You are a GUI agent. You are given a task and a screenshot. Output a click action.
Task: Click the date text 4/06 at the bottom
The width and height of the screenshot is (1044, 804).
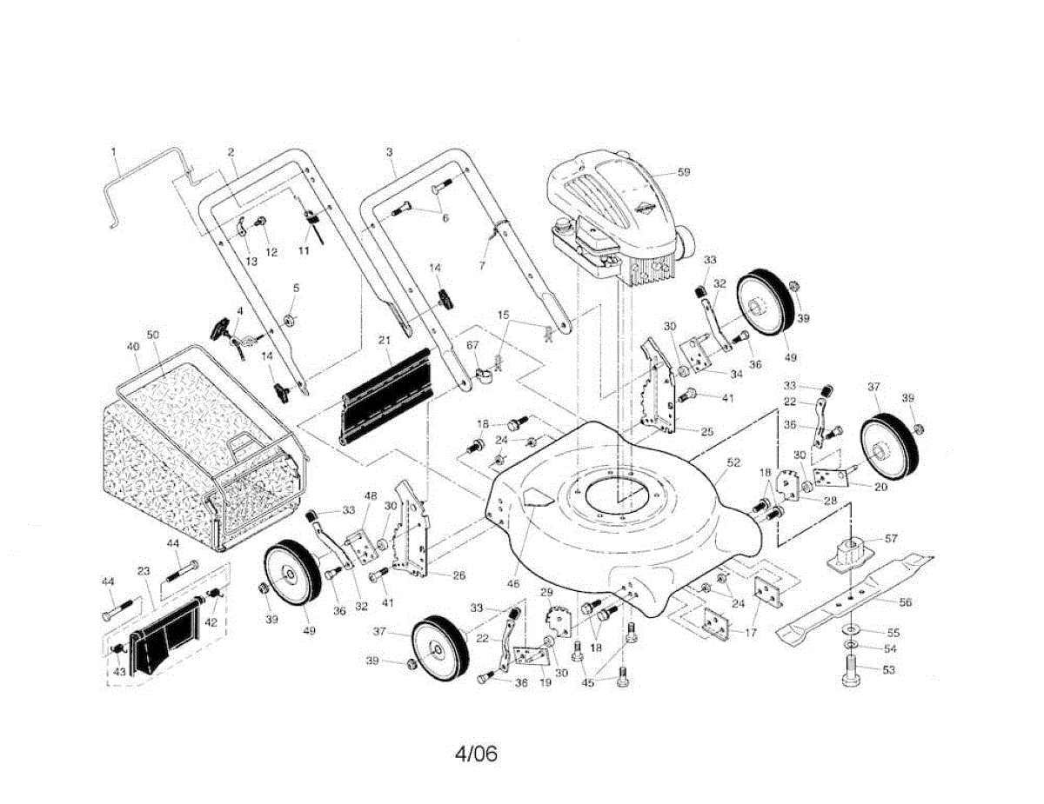click(476, 754)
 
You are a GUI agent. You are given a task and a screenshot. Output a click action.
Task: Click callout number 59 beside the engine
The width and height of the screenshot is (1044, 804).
click(683, 172)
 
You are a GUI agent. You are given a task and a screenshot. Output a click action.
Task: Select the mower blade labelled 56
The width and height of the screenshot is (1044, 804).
click(855, 598)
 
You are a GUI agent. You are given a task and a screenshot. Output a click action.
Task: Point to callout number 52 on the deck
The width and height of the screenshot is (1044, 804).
click(733, 462)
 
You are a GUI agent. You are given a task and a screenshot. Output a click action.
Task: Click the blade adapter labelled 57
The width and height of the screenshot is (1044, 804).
click(851, 555)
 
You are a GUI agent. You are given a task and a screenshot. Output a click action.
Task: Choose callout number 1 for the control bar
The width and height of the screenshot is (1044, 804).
click(114, 152)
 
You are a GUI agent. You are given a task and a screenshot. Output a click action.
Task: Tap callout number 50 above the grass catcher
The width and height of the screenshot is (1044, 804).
click(153, 335)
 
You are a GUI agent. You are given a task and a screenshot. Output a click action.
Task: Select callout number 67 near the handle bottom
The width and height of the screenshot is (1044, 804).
click(472, 345)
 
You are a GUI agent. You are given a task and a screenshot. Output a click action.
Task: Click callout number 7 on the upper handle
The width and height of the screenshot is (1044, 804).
click(482, 265)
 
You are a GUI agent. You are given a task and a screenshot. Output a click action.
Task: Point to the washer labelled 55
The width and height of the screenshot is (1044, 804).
click(850, 628)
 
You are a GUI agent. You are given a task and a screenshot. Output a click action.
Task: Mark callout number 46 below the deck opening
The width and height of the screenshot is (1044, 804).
click(513, 584)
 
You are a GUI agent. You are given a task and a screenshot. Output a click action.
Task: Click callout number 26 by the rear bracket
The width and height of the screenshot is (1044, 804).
click(459, 575)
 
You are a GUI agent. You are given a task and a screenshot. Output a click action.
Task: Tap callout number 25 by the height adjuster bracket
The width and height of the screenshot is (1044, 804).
click(706, 431)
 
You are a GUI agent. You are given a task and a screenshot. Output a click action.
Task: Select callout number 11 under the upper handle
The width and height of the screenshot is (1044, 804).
click(304, 250)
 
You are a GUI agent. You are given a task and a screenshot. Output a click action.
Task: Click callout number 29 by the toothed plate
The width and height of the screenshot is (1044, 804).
click(546, 592)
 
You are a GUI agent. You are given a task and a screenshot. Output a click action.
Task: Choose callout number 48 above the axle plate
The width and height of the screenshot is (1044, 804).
click(371, 495)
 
